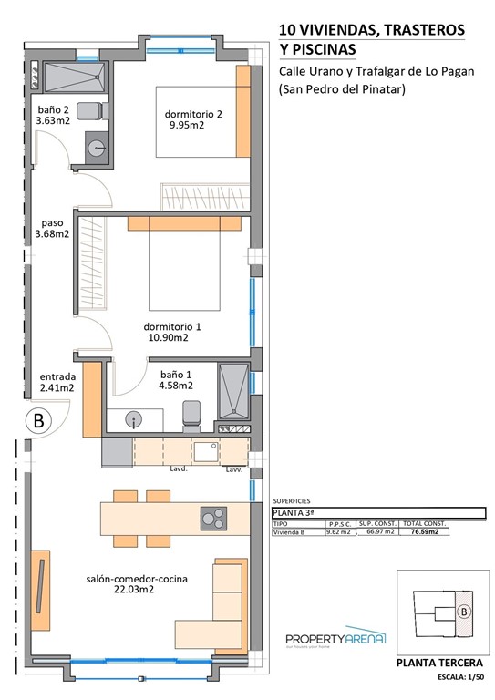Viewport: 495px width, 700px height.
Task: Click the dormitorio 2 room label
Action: [193, 114]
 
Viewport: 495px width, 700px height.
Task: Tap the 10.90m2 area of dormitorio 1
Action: [168, 337]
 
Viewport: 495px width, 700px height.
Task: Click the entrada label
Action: [57, 375]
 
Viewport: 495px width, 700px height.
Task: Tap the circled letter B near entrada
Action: [37, 421]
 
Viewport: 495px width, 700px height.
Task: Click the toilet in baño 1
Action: [191, 415]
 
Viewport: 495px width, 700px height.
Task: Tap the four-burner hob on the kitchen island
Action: [214, 518]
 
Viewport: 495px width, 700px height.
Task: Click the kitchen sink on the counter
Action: [205, 450]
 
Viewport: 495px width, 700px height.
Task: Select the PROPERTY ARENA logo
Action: [335, 640]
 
